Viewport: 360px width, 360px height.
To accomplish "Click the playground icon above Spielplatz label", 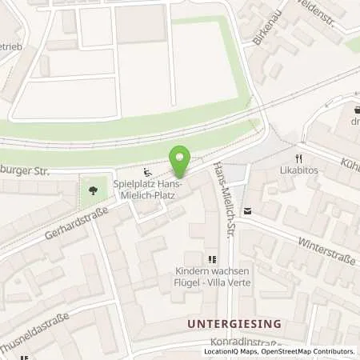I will (146, 170).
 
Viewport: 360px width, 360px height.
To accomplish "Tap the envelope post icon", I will (246, 211).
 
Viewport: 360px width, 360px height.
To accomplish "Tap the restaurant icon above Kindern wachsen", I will (212, 258).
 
